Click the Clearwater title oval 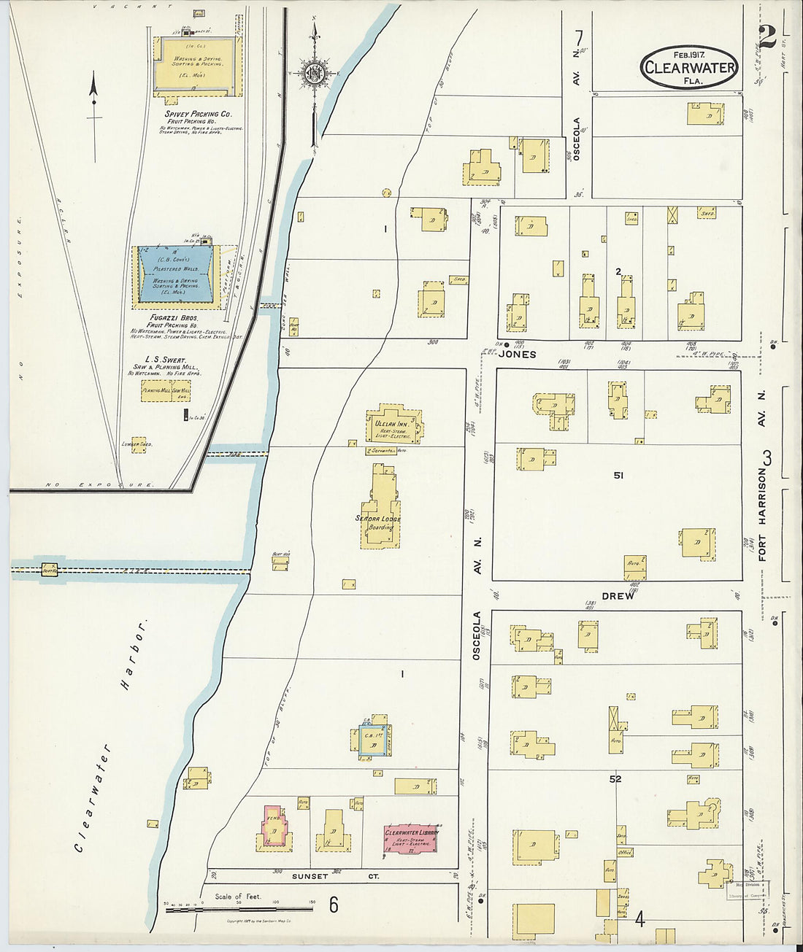click(x=689, y=67)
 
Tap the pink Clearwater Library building click(x=410, y=840)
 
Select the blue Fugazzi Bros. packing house click(x=176, y=274)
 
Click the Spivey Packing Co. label click(x=198, y=115)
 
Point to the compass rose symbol click(x=315, y=73)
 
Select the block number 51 click(x=618, y=476)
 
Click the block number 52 click(x=615, y=779)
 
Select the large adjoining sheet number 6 click(x=334, y=905)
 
